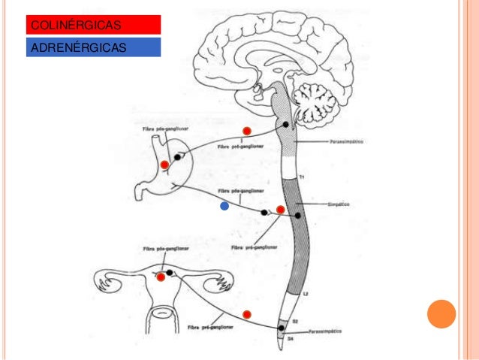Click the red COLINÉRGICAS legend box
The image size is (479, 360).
(x=94, y=24)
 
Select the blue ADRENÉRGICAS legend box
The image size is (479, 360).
(x=94, y=47)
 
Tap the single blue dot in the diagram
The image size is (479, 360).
(x=223, y=205)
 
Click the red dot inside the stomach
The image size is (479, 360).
(x=164, y=164)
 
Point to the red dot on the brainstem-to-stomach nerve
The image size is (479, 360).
(x=246, y=132)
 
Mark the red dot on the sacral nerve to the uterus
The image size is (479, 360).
(x=246, y=313)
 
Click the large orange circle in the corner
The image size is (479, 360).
(x=441, y=316)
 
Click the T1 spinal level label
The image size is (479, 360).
(x=302, y=176)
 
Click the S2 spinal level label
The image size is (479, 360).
(x=295, y=321)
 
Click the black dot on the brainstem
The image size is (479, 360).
(x=285, y=126)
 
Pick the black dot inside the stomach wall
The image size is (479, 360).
(x=177, y=157)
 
